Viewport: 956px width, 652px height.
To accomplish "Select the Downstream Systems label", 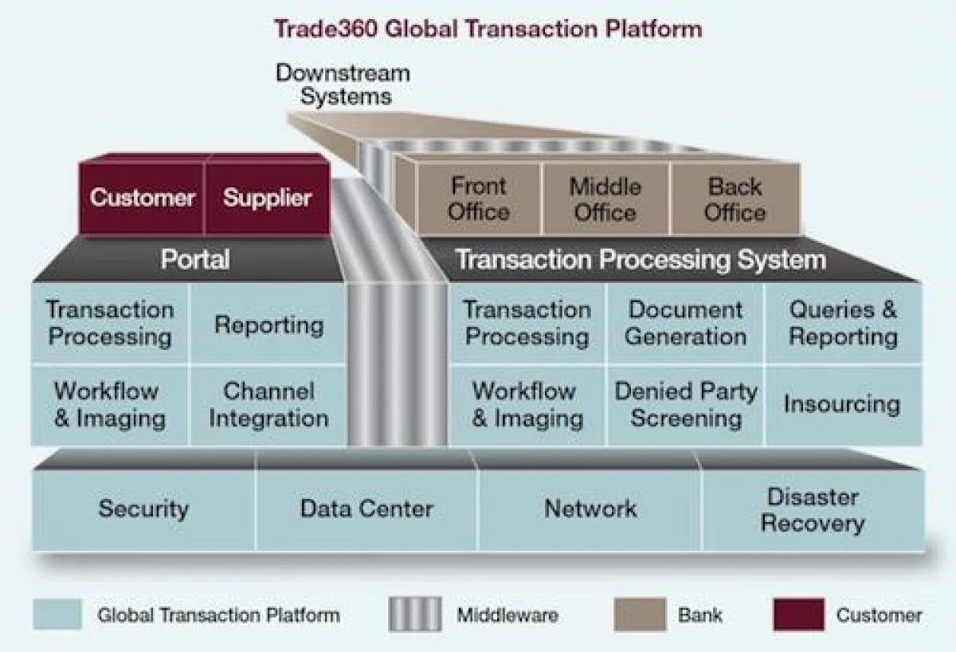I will pos(343,85).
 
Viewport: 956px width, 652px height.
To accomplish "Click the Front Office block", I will pos(478,199).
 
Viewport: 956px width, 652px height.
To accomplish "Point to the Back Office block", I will pos(735,199).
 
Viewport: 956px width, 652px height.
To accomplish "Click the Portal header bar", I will pos(195,260).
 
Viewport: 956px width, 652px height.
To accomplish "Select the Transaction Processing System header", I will pos(641,260).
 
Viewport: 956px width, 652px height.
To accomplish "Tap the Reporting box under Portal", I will pos(268,324).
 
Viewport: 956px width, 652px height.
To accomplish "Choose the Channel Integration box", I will pos(268,405).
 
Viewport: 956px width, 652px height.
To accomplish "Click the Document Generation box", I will pos(685,323).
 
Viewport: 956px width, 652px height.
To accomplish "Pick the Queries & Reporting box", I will pos(843,323).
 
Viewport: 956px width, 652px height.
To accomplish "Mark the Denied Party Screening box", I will pos(685,405).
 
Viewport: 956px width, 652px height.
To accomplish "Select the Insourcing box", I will pos(842,404).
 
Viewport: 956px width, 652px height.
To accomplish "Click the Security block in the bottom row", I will pos(143,509).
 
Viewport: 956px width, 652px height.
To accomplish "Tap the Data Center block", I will pos(366,509).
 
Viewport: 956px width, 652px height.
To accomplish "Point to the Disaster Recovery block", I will pos(813,510).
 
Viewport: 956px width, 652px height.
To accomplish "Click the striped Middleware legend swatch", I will pos(414,615).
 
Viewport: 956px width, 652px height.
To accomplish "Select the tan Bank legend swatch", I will pos(638,615).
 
